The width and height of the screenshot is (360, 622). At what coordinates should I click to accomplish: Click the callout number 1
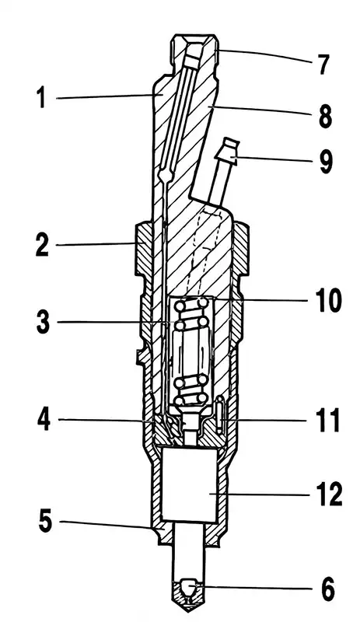pyautogui.click(x=41, y=98)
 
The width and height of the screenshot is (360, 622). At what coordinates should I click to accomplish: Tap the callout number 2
pyautogui.click(x=42, y=245)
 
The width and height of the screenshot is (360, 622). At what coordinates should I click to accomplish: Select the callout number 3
pyautogui.click(x=43, y=322)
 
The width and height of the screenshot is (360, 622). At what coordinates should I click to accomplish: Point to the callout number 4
pyautogui.click(x=44, y=419)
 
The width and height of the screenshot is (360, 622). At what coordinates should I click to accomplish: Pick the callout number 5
pyautogui.click(x=45, y=520)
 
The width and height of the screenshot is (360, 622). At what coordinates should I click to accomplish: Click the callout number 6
pyautogui.click(x=327, y=589)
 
